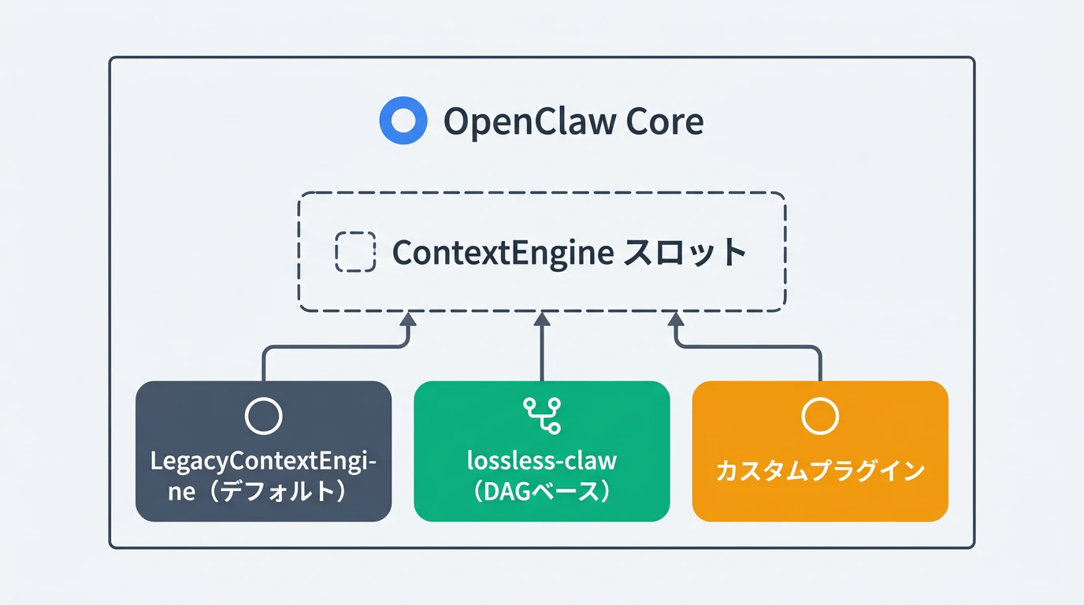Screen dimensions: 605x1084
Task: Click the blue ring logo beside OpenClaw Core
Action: tap(403, 121)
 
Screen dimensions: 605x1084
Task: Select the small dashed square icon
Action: tap(355, 252)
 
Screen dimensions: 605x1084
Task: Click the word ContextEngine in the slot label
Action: tap(503, 253)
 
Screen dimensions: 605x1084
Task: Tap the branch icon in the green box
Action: tap(542, 415)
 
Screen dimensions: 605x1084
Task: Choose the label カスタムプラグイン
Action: tap(820, 471)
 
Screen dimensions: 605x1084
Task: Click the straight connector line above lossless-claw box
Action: tap(541, 354)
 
